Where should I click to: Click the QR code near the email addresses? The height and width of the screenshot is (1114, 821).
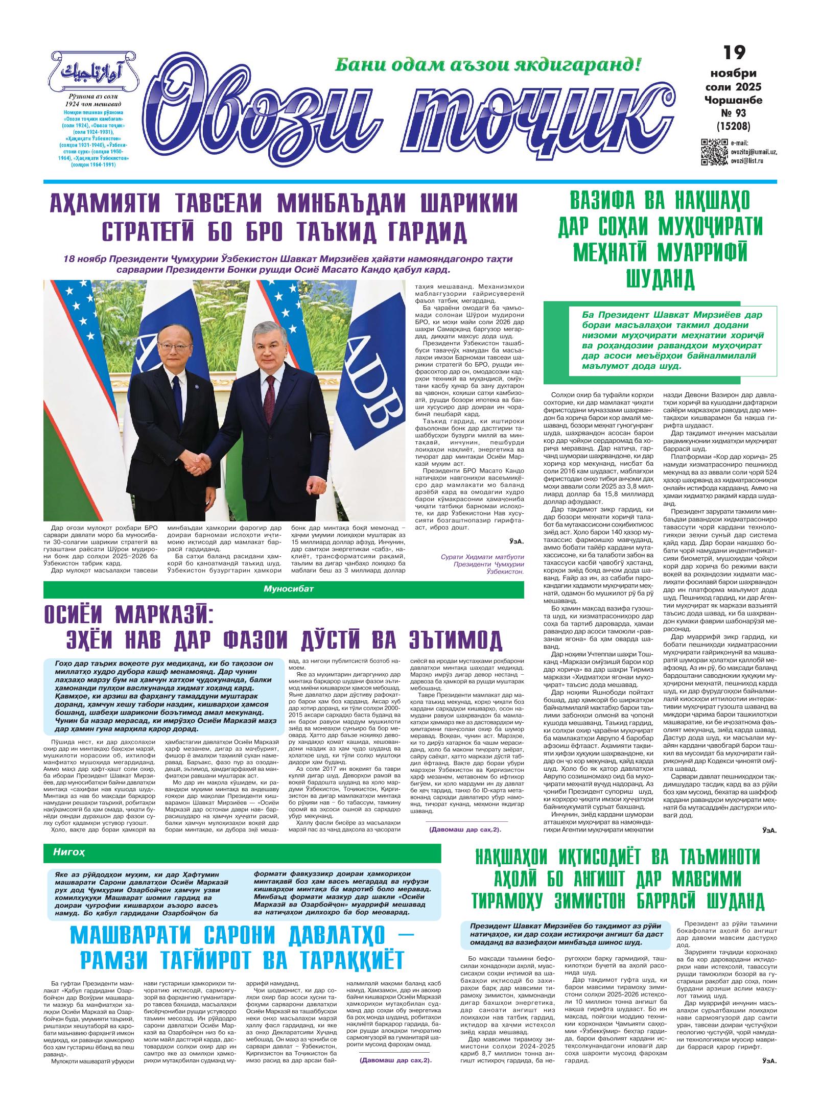(x=714, y=152)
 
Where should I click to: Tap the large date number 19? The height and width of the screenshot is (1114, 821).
(x=734, y=53)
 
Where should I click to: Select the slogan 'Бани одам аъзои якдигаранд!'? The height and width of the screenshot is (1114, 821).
(x=487, y=65)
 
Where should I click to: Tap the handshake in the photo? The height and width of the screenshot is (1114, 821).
(x=197, y=465)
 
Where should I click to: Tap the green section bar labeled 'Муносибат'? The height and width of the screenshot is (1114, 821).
(x=284, y=590)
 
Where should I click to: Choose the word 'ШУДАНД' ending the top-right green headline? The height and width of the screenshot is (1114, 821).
(x=660, y=277)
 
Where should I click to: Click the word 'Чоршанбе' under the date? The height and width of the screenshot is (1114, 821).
(x=733, y=100)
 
